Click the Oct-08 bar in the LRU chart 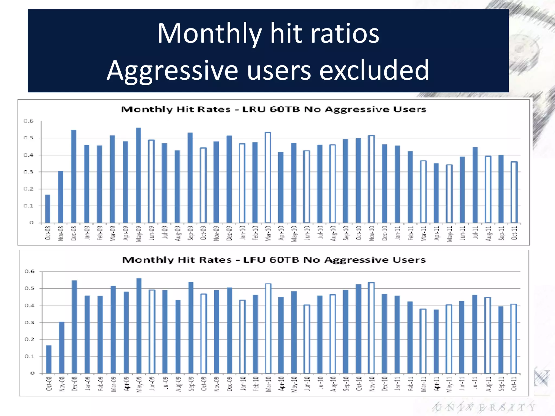tap(48, 209)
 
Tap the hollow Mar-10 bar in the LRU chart tap(268, 178)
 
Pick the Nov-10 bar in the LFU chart tap(371, 328)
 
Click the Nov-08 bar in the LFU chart tap(62, 348)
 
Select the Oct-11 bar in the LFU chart tap(514, 339)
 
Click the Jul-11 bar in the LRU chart tap(475, 185)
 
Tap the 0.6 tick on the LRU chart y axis tap(28, 121)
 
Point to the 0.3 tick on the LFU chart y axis tap(30, 323)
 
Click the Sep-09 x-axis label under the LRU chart tap(191, 233)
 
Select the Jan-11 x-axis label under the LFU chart tap(397, 384)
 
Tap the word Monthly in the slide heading tap(209, 34)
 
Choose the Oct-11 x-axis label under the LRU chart tap(514, 233)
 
